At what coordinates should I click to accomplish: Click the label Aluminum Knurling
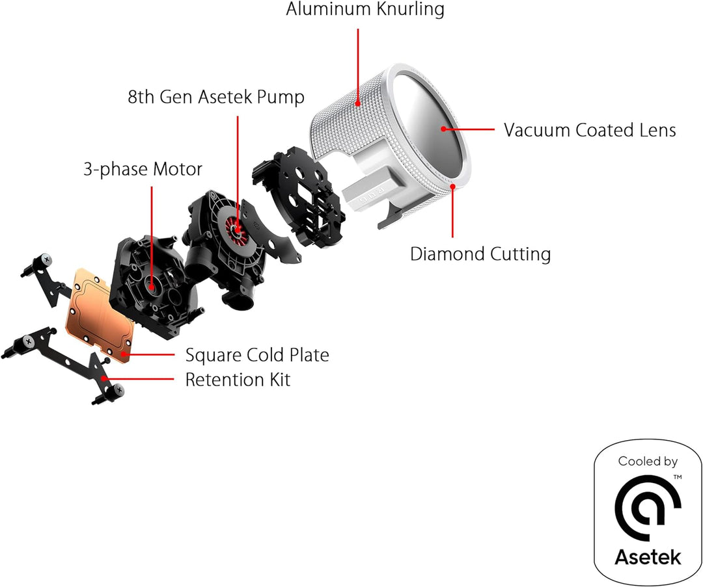coord(365,9)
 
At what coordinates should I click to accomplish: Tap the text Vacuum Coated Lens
coord(590,130)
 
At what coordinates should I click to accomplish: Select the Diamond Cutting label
coord(480,254)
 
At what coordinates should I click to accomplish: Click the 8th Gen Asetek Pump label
coord(215,97)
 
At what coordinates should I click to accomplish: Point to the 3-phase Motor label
coord(143,169)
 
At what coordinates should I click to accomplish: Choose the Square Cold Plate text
coord(257,355)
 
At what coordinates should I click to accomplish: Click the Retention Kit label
coord(238,379)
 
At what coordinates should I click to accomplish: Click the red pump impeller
coord(236,229)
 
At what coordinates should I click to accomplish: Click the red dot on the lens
coord(443,129)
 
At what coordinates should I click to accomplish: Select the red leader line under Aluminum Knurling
coord(358,66)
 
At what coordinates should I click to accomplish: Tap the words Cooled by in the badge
coord(648,461)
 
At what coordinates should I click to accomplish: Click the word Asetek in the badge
coord(648,557)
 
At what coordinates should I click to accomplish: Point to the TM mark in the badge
coord(678,477)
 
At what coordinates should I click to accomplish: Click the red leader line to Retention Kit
coord(139,379)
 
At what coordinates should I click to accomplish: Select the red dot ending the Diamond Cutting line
coord(453,187)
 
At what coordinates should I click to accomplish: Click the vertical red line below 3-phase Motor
coord(152,235)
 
